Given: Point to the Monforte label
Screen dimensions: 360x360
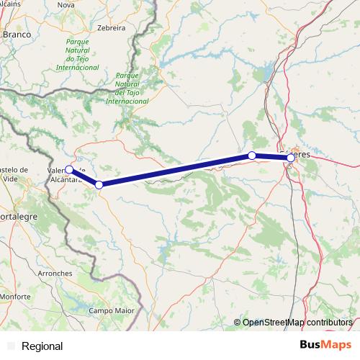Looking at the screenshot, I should click(15, 297).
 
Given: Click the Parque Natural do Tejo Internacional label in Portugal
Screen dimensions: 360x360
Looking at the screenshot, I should click(77, 55).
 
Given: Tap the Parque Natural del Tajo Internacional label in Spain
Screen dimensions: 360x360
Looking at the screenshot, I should click(127, 88).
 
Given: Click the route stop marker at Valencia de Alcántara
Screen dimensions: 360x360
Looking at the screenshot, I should click(69, 170).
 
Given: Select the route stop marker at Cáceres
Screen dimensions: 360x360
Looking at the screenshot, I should click(291, 158).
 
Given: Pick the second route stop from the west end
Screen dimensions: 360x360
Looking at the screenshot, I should click(99, 185).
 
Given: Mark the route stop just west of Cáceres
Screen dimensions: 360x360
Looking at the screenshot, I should click(252, 156).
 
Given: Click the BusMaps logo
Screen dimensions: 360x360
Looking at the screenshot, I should click(325, 346).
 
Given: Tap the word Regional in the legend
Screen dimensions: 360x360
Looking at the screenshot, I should click(42, 346).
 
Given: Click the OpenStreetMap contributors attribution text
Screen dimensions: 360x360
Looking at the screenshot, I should click(297, 323).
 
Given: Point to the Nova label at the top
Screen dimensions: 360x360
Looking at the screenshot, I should click(66, 5).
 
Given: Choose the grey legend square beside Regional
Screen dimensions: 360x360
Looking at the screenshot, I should click(11, 346).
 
